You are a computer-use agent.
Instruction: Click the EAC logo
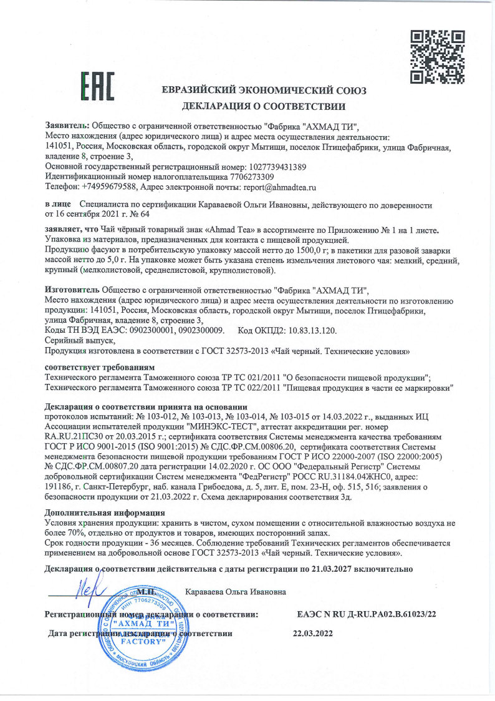click(x=97, y=86)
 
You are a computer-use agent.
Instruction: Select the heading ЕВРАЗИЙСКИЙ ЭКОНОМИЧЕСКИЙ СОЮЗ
click(x=264, y=90)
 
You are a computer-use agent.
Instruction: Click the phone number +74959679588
click(x=107, y=187)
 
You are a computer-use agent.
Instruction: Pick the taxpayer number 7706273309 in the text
click(x=216, y=177)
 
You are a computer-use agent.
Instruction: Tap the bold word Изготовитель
click(x=72, y=290)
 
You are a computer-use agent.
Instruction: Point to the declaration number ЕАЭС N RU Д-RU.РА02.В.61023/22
click(x=367, y=614)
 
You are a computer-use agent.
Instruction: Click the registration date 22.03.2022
click(x=313, y=633)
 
